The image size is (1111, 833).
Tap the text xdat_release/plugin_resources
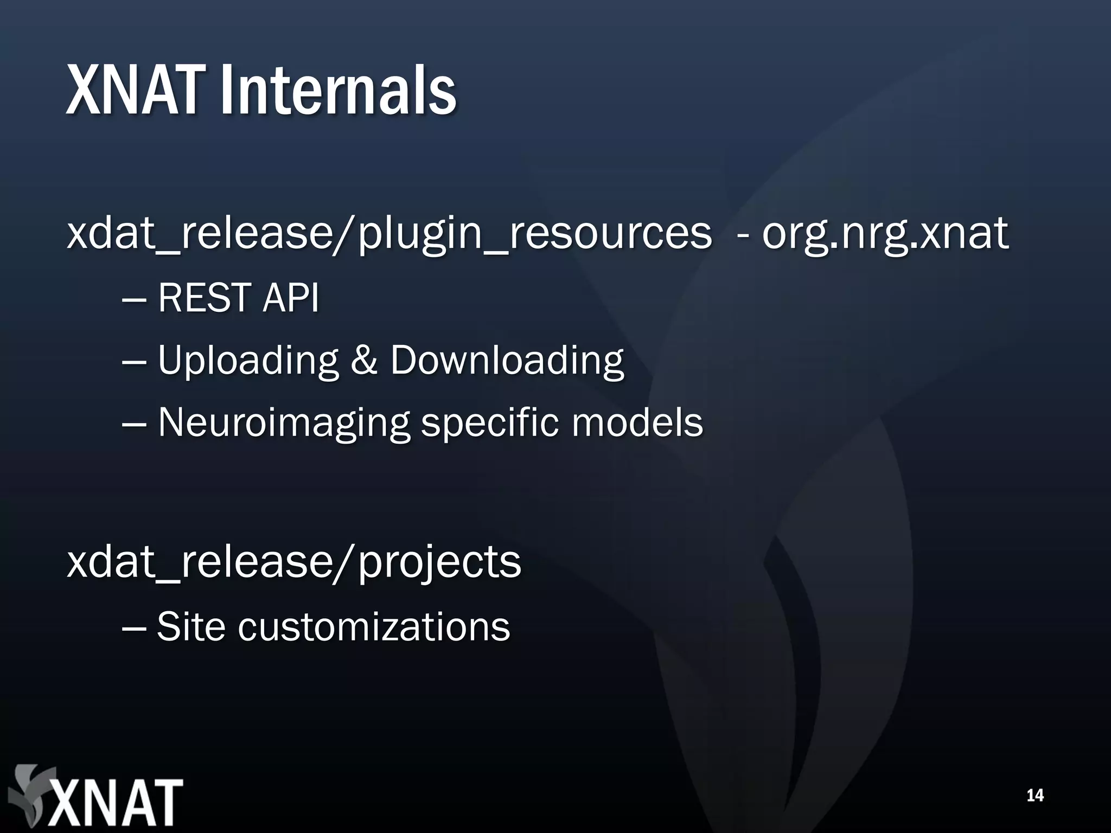click(x=388, y=234)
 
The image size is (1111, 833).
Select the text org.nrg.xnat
click(x=885, y=234)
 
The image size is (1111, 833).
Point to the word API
click(x=290, y=298)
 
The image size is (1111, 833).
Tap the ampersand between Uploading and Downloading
click(x=363, y=361)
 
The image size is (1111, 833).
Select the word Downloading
click(x=507, y=361)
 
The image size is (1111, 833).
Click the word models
click(x=637, y=422)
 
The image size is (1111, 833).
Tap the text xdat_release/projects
click(x=293, y=563)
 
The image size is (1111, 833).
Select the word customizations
click(x=374, y=626)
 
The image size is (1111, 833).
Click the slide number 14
click(x=1035, y=796)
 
